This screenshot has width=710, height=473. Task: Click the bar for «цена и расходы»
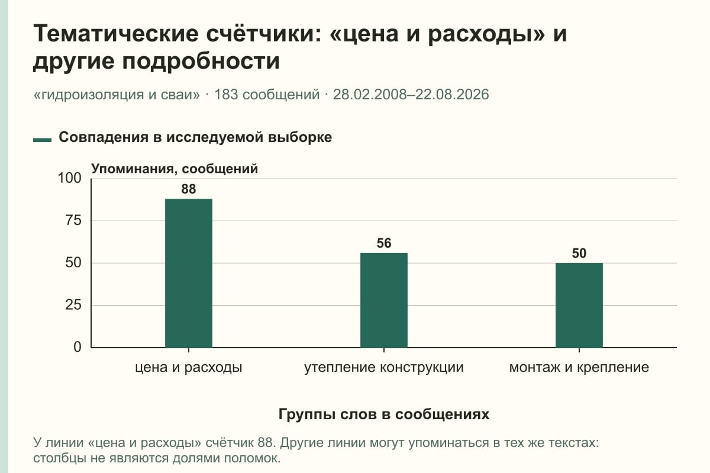click(x=189, y=273)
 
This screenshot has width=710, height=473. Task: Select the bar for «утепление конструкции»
click(x=384, y=300)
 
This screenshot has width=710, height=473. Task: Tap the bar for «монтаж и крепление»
click(x=579, y=305)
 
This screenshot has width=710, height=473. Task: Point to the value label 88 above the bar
click(x=189, y=189)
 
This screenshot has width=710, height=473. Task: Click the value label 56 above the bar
click(x=384, y=244)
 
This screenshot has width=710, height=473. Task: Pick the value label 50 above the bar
click(x=579, y=254)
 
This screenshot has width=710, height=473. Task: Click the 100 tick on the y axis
click(x=69, y=178)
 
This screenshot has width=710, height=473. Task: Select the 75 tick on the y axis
click(x=73, y=221)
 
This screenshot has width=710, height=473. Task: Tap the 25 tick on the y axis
click(x=73, y=305)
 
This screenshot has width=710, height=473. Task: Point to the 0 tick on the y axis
click(x=78, y=347)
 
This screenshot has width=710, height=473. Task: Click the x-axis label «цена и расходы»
click(x=189, y=368)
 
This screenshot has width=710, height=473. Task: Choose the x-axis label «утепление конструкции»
click(x=384, y=368)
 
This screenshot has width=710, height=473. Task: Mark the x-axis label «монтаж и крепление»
click(x=579, y=368)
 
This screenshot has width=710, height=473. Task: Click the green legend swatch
click(x=42, y=140)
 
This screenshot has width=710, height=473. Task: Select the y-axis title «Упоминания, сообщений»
click(x=175, y=169)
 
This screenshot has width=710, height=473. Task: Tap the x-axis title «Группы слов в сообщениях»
click(x=384, y=414)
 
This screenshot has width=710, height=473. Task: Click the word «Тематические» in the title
click(x=116, y=34)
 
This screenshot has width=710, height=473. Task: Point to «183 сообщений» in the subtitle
click(x=267, y=95)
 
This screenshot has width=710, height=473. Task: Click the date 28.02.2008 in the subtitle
click(x=370, y=95)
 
